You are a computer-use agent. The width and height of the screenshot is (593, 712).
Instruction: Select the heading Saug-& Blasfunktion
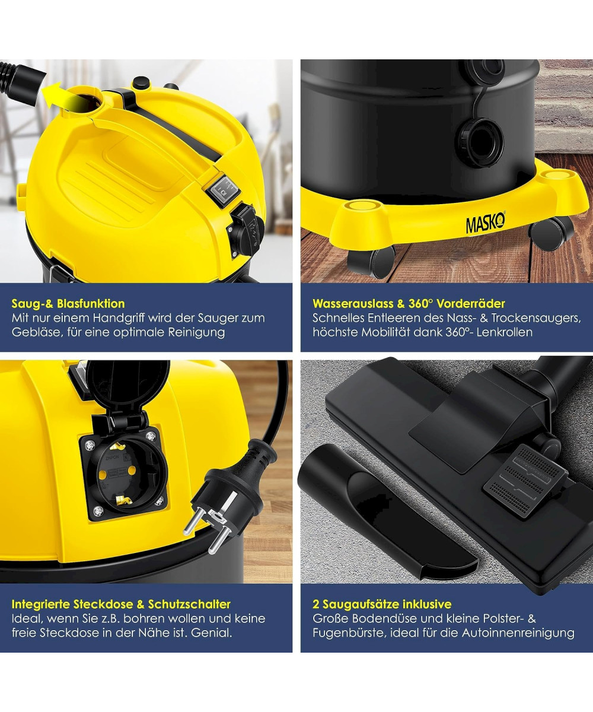(x=68, y=303)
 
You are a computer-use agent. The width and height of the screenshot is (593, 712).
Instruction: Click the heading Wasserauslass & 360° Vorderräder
(x=409, y=303)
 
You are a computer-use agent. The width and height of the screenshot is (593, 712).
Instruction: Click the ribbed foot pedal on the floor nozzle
(x=525, y=481)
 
